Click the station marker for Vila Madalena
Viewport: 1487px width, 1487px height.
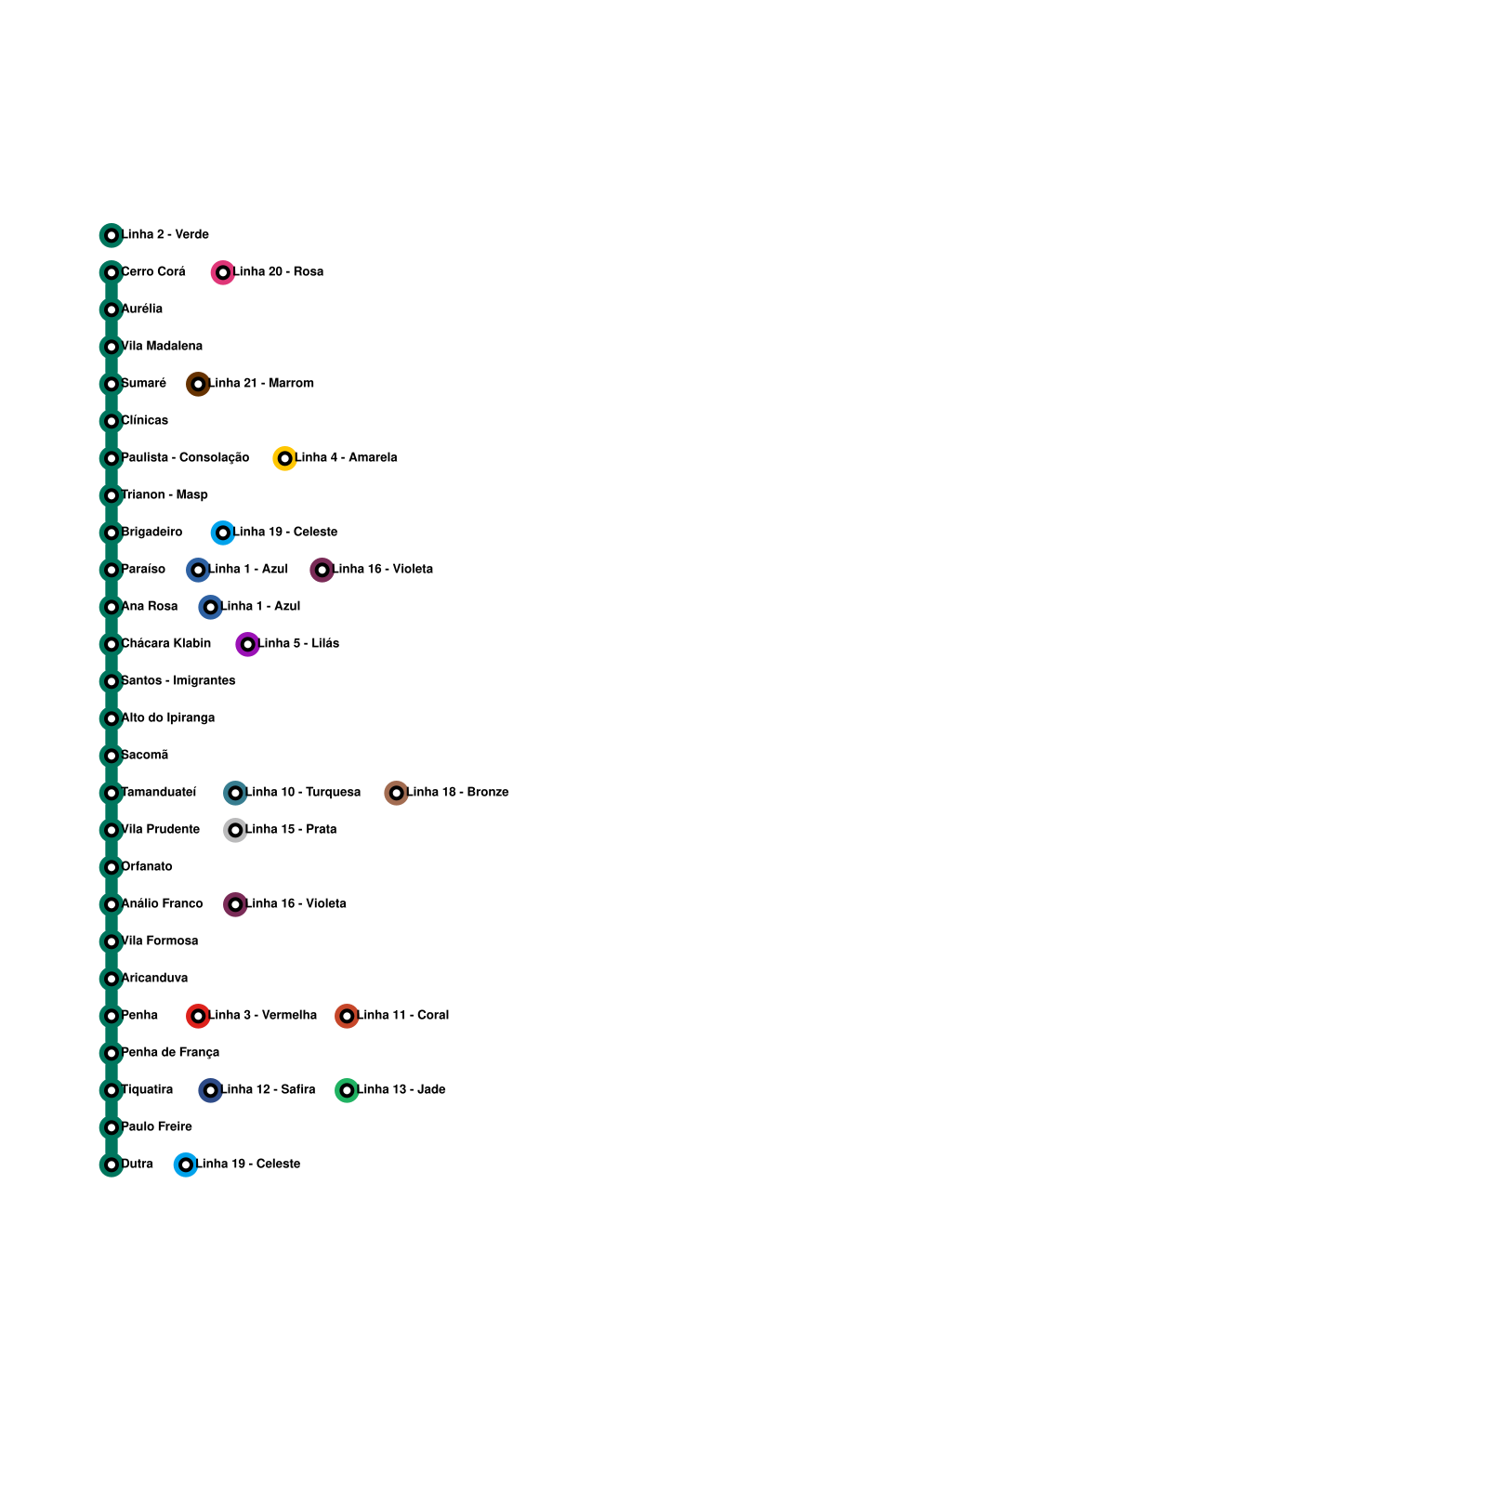[112, 347]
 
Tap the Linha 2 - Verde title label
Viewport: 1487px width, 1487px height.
[165, 234]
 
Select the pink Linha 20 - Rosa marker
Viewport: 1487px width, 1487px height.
[222, 272]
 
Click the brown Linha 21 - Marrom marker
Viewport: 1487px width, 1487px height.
[198, 384]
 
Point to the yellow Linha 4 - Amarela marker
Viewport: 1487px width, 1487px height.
[284, 458]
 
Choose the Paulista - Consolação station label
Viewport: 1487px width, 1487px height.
[185, 457]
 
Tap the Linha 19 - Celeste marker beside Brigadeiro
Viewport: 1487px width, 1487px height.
[222, 533]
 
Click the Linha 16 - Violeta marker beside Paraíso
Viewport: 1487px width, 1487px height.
[322, 570]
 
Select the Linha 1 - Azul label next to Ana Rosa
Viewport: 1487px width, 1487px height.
[260, 606]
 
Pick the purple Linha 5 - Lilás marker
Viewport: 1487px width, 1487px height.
[247, 644]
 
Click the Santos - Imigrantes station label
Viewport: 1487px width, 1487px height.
[178, 680]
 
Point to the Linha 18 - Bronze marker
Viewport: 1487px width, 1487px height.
[396, 793]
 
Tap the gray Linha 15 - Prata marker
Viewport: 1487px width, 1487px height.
[235, 830]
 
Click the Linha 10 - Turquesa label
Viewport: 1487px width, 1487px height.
[303, 792]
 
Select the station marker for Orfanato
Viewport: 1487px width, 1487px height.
[112, 867]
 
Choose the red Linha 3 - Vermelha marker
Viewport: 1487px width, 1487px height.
[198, 1016]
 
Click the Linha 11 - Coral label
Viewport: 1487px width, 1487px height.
[403, 1015]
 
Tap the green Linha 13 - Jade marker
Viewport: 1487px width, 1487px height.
[347, 1090]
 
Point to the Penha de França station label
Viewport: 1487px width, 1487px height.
[170, 1052]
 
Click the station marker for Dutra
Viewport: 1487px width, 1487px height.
[112, 1165]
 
